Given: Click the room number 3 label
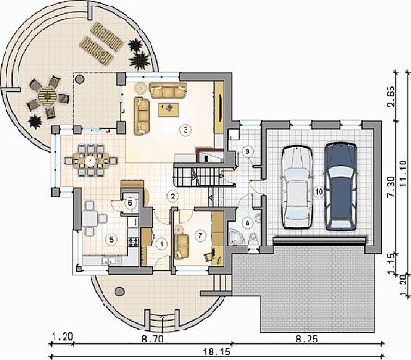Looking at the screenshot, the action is [x=185, y=130].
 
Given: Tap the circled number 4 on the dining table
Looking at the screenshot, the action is [x=90, y=161].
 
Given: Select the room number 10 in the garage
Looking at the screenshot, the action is [x=320, y=192].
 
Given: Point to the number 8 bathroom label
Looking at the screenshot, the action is [x=248, y=222].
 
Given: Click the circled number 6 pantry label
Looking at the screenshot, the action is [x=130, y=203].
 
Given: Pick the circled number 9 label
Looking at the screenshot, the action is [x=247, y=151].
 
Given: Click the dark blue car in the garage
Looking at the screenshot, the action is [x=342, y=186].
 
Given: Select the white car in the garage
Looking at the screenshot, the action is [x=296, y=186].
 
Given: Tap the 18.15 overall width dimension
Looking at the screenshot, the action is [x=216, y=352].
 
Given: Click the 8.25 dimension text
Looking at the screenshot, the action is [x=307, y=339].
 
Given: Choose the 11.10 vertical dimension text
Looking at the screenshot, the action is [x=405, y=173].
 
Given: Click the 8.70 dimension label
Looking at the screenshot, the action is [x=152, y=339].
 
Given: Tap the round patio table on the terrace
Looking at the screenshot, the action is [x=47, y=96].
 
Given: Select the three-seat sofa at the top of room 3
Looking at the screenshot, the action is [x=168, y=90].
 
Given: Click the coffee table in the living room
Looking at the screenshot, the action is [x=168, y=110].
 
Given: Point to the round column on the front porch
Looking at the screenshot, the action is [x=119, y=292].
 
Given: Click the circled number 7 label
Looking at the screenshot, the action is [x=200, y=235].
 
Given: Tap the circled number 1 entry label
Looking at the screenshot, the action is [x=161, y=245].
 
